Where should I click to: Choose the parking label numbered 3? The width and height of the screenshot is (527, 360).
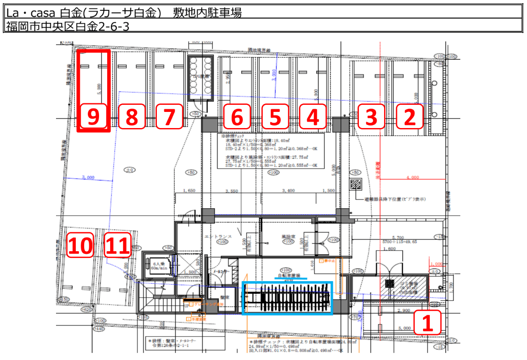(x=370, y=117)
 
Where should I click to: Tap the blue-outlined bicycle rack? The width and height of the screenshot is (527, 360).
(x=287, y=298)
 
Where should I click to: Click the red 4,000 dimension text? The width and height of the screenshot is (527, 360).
(x=412, y=177)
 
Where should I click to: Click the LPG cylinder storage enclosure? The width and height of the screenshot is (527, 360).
(x=200, y=78)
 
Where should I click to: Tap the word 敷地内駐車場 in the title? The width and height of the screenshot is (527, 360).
(x=208, y=13)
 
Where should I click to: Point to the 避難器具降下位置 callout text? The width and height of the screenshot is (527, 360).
(x=394, y=199)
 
